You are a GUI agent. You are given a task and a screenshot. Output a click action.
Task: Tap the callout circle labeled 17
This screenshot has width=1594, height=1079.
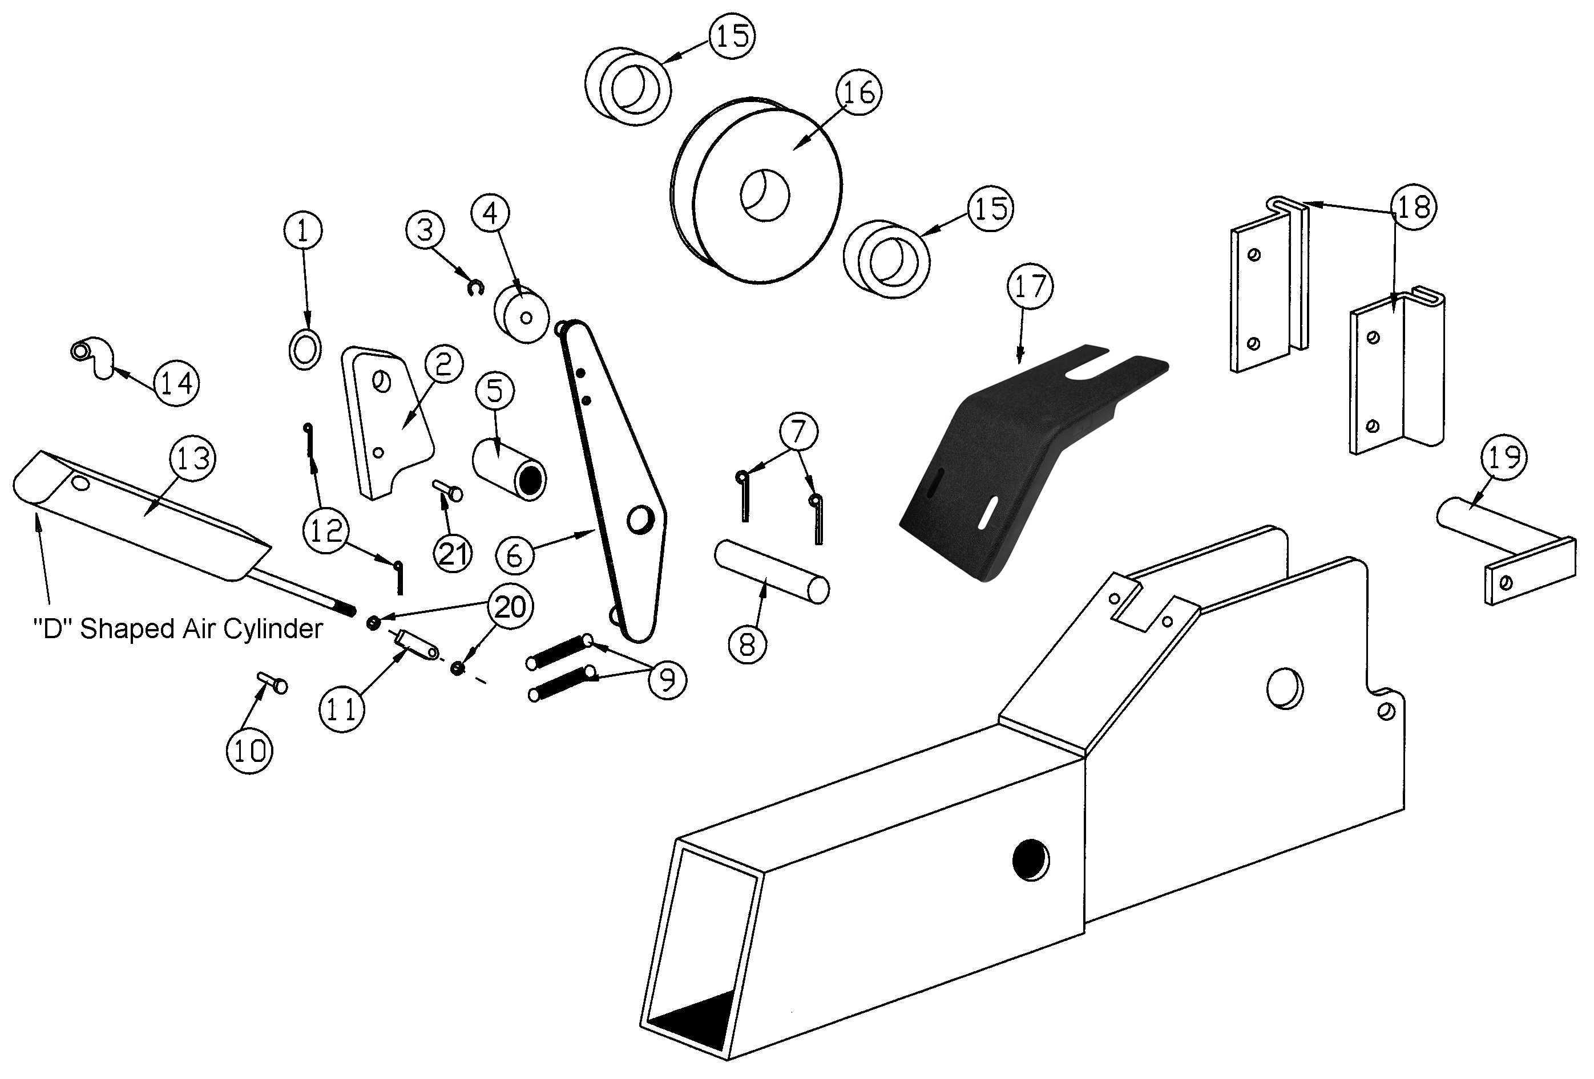click(x=1030, y=286)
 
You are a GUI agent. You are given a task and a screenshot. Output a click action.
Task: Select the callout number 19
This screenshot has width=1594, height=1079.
click(x=1505, y=457)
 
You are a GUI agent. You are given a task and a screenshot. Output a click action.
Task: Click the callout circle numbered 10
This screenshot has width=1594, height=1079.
click(x=249, y=751)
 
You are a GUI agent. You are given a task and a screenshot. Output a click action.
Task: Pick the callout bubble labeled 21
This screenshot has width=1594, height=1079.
click(x=453, y=554)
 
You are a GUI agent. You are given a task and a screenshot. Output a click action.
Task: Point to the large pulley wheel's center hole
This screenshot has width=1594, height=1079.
click(x=764, y=196)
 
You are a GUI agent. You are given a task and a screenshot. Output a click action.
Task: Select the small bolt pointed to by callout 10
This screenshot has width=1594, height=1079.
click(x=272, y=682)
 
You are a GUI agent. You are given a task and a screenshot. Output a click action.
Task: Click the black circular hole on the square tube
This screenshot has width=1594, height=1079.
click(x=1031, y=859)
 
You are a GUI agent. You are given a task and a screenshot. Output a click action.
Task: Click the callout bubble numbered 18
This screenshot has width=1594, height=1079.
click(x=1414, y=206)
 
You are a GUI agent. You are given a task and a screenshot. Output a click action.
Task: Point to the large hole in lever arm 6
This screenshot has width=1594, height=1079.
click(x=640, y=519)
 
